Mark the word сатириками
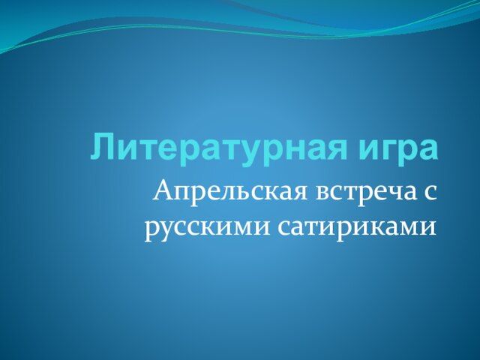[x=357, y=228]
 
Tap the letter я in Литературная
[x=336, y=149]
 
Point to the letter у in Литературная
[x=248, y=153]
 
